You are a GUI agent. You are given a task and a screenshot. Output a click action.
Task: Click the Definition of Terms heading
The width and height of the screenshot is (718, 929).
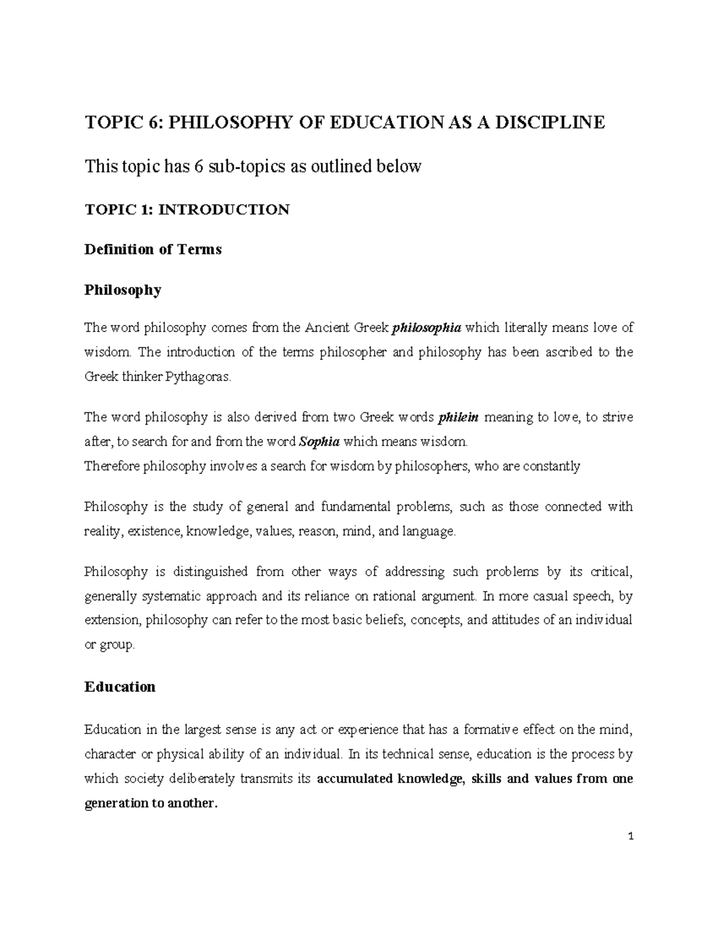point(153,249)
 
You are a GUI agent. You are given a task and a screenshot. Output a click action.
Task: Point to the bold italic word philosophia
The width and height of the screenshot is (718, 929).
point(426,328)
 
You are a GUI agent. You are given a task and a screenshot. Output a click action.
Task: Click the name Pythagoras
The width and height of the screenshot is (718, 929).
point(197,377)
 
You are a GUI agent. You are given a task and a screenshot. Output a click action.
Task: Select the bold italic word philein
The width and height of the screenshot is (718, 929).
point(458,418)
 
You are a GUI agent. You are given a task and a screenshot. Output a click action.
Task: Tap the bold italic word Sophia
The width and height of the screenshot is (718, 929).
point(319,442)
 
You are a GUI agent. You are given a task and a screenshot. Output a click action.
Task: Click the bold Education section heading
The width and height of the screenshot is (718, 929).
point(120,686)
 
